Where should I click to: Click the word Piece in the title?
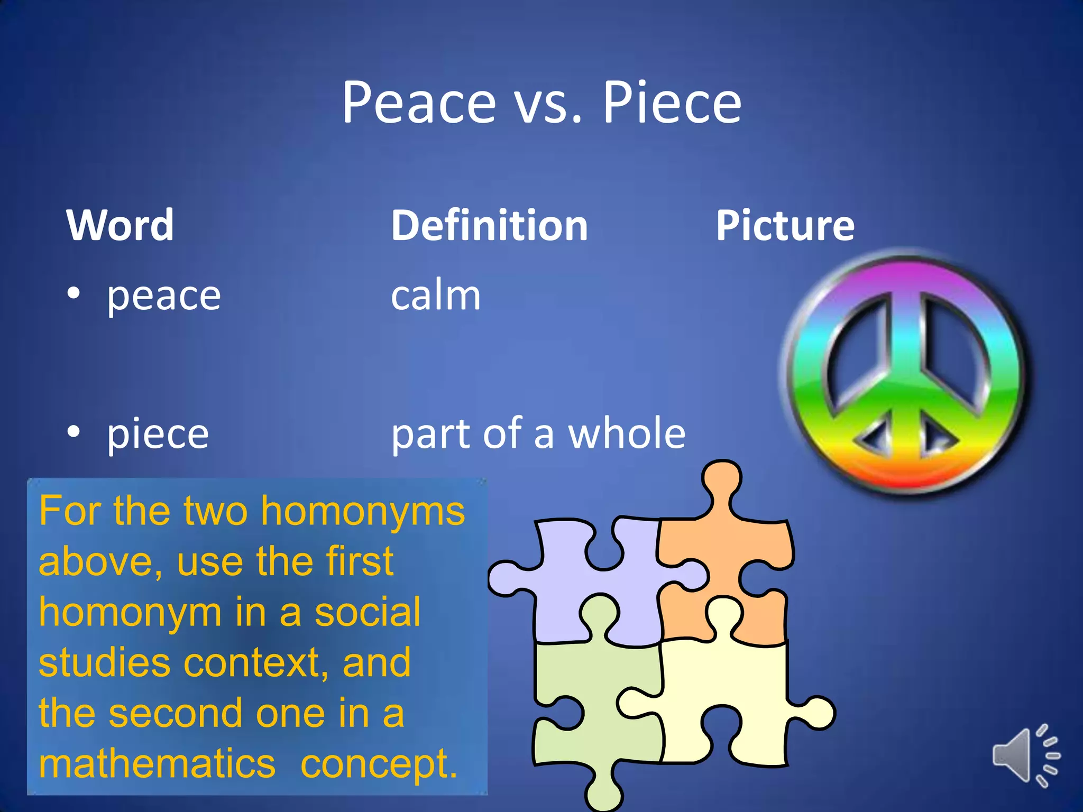(x=672, y=103)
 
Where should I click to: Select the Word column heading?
(x=120, y=225)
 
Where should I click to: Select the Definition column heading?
(x=489, y=225)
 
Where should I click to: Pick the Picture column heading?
(x=785, y=225)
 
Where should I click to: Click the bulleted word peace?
(x=164, y=296)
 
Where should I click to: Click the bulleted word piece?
(x=158, y=435)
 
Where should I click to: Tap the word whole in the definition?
(x=627, y=433)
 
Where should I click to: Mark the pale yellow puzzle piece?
(x=724, y=698)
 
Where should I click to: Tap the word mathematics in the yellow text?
(x=157, y=763)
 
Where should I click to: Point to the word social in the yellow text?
(x=368, y=612)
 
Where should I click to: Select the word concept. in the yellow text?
(x=379, y=764)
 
